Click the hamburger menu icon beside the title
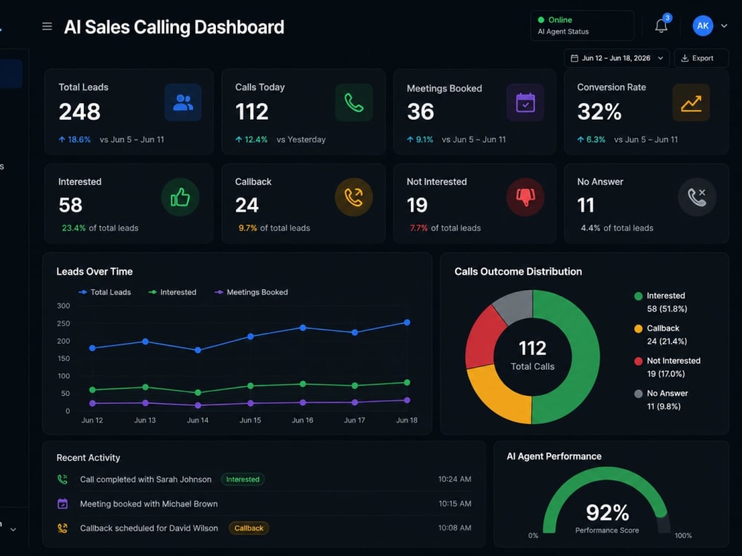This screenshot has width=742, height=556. click(47, 27)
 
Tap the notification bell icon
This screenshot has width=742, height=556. click(661, 25)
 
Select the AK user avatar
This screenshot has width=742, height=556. click(703, 26)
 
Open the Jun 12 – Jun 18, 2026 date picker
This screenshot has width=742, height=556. click(617, 58)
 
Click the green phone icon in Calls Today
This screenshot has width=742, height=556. click(354, 102)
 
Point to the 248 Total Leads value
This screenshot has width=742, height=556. click(79, 112)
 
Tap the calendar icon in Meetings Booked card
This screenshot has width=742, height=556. click(525, 102)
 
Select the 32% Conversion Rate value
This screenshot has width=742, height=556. click(599, 112)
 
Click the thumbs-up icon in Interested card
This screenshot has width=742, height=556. click(180, 197)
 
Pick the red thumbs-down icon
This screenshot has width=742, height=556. click(525, 197)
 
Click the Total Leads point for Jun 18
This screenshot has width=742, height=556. click(407, 322)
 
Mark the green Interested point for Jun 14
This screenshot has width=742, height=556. click(198, 393)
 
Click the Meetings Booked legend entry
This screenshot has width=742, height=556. click(252, 292)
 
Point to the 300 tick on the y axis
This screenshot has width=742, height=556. click(63, 306)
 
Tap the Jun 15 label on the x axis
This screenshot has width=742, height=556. click(250, 420)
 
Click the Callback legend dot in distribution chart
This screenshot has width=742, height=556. click(638, 329)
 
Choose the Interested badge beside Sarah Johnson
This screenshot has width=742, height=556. click(243, 480)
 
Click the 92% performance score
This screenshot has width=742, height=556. click(608, 512)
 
